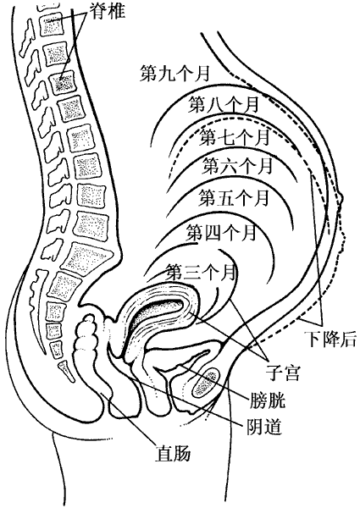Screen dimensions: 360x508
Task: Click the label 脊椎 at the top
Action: (108, 11)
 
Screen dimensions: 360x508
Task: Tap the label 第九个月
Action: (175, 74)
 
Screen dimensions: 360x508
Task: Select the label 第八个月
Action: (224, 104)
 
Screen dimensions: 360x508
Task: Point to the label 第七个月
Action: (235, 136)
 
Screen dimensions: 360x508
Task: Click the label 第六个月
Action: (237, 166)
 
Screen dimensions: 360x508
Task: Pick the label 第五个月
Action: (234, 197)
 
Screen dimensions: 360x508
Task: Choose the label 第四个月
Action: (221, 233)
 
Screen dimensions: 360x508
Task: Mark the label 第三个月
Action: (201, 272)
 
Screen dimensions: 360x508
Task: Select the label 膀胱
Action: (268, 400)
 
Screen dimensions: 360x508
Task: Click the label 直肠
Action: (173, 453)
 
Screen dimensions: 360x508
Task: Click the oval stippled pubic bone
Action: (205, 383)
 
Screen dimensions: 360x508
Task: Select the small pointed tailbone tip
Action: (65, 370)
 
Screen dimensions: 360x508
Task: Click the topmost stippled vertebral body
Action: (51, 24)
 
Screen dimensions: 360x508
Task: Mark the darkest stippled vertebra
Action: (64, 84)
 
